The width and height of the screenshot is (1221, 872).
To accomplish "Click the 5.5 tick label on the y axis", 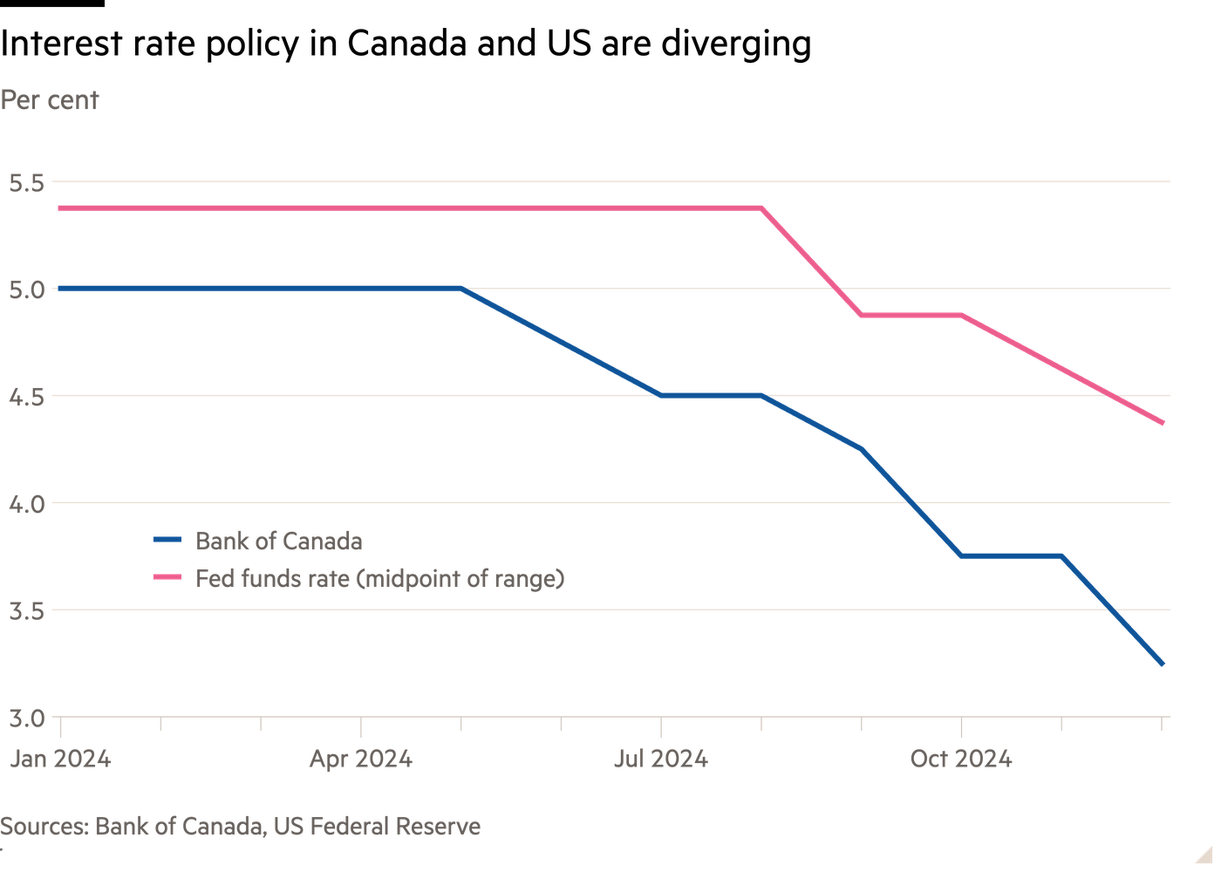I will (25, 183).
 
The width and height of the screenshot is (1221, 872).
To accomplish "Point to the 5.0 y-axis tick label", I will (25, 290).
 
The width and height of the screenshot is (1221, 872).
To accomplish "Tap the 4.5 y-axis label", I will (25, 397).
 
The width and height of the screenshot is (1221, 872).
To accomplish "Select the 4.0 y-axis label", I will (25, 504).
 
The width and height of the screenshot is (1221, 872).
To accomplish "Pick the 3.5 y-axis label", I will (25, 610).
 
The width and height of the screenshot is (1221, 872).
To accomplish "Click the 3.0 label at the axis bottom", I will (25, 719).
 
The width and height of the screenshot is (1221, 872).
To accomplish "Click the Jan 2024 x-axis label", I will (60, 760).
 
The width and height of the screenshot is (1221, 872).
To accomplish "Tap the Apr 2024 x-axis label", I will (360, 760).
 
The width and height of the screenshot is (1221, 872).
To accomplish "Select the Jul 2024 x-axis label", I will (660, 760).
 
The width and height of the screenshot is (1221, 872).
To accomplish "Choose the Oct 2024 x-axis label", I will (960, 760).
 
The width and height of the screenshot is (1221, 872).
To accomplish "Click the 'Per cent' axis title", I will (50, 100).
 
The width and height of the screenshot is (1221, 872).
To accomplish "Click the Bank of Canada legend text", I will (279, 542).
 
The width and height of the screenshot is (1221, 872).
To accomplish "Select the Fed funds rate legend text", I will (379, 578).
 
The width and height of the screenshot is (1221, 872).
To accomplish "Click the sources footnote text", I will (241, 826).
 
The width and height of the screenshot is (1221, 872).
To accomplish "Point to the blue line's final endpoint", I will (1162, 664).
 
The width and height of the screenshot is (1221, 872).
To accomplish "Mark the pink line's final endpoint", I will (1162, 424).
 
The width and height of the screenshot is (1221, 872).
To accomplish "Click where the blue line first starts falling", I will (460, 288).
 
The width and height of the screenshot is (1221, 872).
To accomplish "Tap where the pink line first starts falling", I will (761, 208).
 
